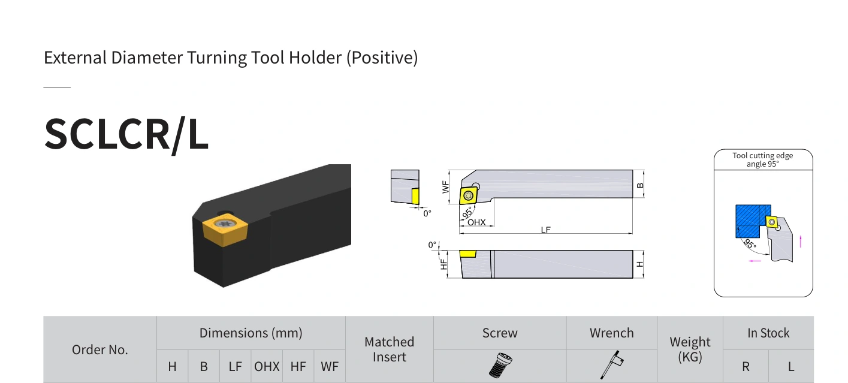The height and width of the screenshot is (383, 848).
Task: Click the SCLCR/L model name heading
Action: click(x=126, y=134)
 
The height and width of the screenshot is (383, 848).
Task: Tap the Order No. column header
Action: click(x=100, y=349)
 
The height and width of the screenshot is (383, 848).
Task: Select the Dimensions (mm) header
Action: click(x=251, y=333)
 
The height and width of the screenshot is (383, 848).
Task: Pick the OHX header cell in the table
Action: click(x=267, y=366)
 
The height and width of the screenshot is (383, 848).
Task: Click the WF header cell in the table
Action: click(x=330, y=366)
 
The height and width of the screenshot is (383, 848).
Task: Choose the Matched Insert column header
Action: click(x=389, y=349)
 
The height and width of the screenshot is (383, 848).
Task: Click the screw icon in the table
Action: click(x=500, y=365)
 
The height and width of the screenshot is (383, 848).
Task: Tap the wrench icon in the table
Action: click(x=612, y=364)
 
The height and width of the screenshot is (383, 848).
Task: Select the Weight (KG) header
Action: click(x=690, y=349)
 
